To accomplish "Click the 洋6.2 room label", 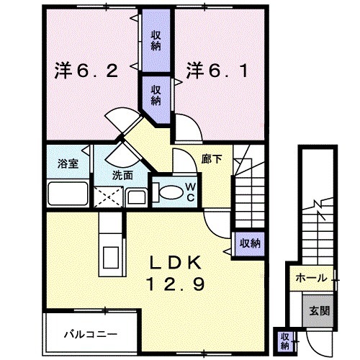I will (x=86, y=71).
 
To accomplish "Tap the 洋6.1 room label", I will (x=219, y=71).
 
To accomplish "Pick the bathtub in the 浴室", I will (x=67, y=194).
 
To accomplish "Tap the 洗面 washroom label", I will (x=122, y=175).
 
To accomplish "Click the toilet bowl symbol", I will (x=168, y=193).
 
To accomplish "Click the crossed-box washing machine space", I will (x=109, y=196).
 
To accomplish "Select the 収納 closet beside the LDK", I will (x=250, y=243).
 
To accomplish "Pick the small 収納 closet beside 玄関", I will (x=285, y=338).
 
